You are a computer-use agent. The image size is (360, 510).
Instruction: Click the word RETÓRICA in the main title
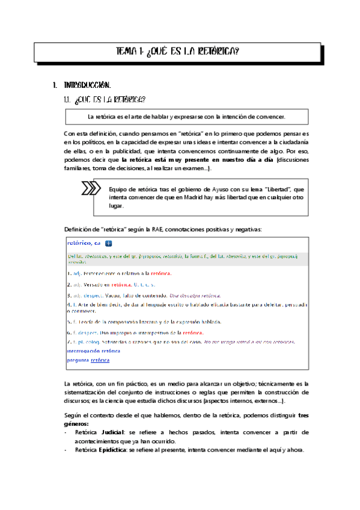[x=218, y=52]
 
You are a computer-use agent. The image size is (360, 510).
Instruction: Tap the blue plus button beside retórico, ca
[x=108, y=244]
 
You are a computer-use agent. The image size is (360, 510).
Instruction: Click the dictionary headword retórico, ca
[x=84, y=243]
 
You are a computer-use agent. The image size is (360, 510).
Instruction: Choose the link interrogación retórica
[x=93, y=351]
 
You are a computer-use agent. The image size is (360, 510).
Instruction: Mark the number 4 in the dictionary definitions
[x=69, y=305]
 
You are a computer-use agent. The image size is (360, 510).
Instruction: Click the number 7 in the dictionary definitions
[x=69, y=342]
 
